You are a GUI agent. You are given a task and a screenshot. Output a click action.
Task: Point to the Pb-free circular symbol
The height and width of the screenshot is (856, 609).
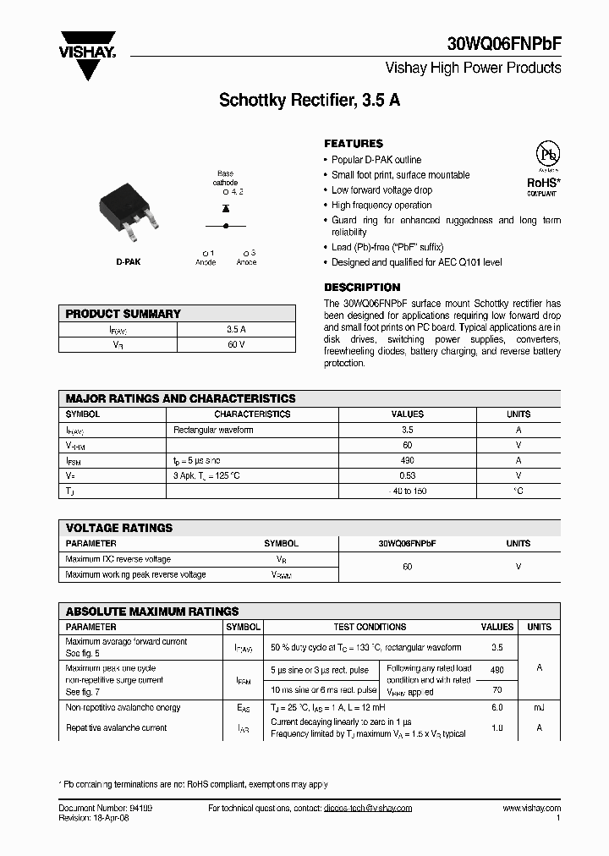tap(541, 157)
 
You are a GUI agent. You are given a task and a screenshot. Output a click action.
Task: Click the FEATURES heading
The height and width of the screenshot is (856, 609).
tap(354, 144)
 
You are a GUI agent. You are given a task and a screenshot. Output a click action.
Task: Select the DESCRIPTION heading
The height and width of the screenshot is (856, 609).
tap(362, 288)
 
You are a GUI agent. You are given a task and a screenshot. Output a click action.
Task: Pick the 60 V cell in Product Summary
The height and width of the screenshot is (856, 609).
tap(236, 344)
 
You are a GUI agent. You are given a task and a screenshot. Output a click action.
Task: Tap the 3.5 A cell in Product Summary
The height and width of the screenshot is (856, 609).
tap(236, 329)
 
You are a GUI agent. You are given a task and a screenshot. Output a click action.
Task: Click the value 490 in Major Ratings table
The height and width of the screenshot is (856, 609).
tap(407, 461)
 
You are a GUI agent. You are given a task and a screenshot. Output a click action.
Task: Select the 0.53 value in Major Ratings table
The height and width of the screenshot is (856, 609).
tap(407, 476)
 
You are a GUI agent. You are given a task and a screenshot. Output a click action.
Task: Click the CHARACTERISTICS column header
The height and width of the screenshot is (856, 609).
tap(252, 414)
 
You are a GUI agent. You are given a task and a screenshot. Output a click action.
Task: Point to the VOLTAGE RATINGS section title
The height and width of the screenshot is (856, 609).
tap(119, 528)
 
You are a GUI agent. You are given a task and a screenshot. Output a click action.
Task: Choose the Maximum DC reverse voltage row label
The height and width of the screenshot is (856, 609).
tap(118, 559)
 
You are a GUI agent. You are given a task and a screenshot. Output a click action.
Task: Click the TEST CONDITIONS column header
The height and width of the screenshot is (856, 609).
tap(370, 628)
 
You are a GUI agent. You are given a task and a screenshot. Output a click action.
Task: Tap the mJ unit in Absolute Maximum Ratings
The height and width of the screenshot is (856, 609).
tap(539, 708)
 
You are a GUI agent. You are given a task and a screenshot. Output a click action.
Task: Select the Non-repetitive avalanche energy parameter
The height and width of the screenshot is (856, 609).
tap(123, 708)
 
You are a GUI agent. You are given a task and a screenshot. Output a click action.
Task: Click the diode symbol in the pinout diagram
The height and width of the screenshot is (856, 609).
tap(226, 208)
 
